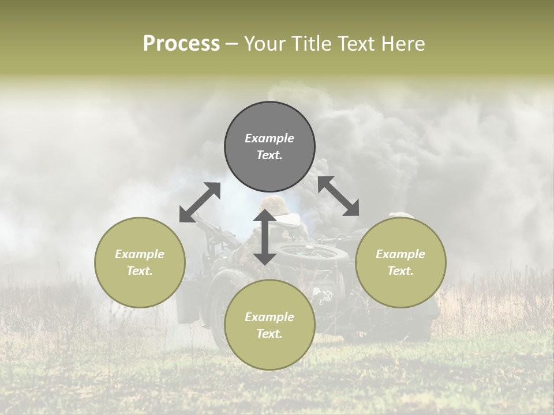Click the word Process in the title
pyautogui.click(x=181, y=44)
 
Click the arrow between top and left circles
pyautogui.click(x=200, y=202)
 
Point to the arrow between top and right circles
pyautogui.click(x=339, y=196)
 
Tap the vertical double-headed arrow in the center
pyautogui.click(x=264, y=237)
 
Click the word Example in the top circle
pyautogui.click(x=269, y=138)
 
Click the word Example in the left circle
pyautogui.click(x=140, y=254)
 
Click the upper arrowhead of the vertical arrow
pyautogui.click(x=264, y=214)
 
